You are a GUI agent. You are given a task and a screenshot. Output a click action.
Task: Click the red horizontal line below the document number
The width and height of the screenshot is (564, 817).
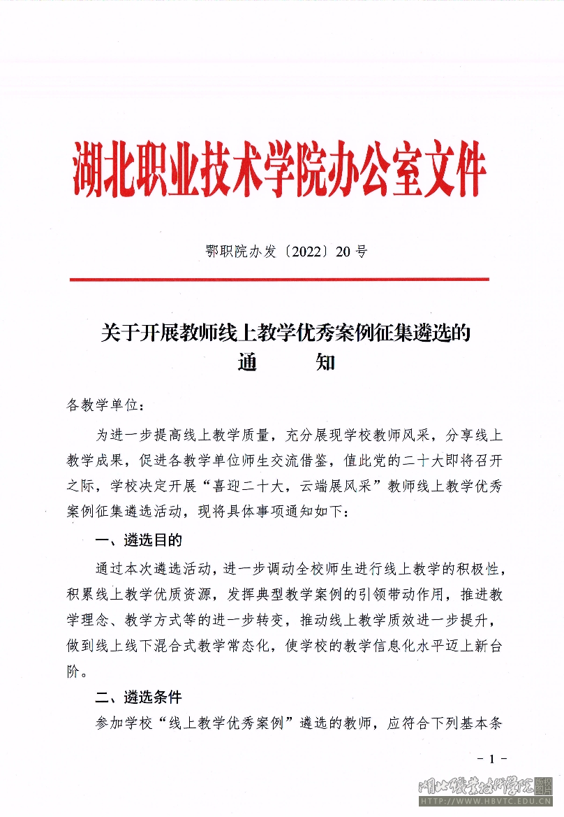[x=279, y=280]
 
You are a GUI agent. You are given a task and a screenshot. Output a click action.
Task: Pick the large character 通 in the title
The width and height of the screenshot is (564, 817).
[x=248, y=363]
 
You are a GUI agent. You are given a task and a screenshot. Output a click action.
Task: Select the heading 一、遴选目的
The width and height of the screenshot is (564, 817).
[x=138, y=540]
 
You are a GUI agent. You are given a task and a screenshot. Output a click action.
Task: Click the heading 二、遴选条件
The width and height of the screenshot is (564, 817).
[x=138, y=697]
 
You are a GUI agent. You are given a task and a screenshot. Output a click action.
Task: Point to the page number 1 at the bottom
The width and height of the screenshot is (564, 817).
[x=492, y=760]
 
